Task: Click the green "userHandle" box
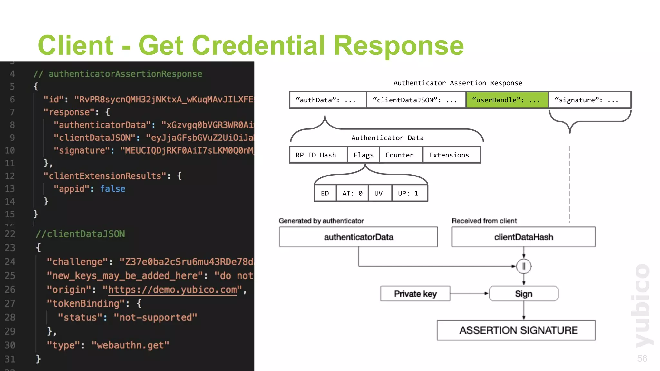click(x=507, y=100)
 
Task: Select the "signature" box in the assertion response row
click(x=589, y=100)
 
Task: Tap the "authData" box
click(x=328, y=100)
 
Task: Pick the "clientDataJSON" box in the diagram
click(x=416, y=100)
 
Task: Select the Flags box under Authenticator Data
click(x=364, y=155)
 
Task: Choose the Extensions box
click(x=451, y=155)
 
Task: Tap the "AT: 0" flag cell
click(x=352, y=194)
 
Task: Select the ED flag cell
click(x=325, y=194)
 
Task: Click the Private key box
click(x=415, y=294)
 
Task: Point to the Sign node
click(x=523, y=294)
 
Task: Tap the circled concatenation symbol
click(x=524, y=266)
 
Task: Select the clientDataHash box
click(x=523, y=237)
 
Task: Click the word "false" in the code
click(x=112, y=189)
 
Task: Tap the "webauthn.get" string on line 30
click(x=130, y=346)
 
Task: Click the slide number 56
click(x=642, y=358)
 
